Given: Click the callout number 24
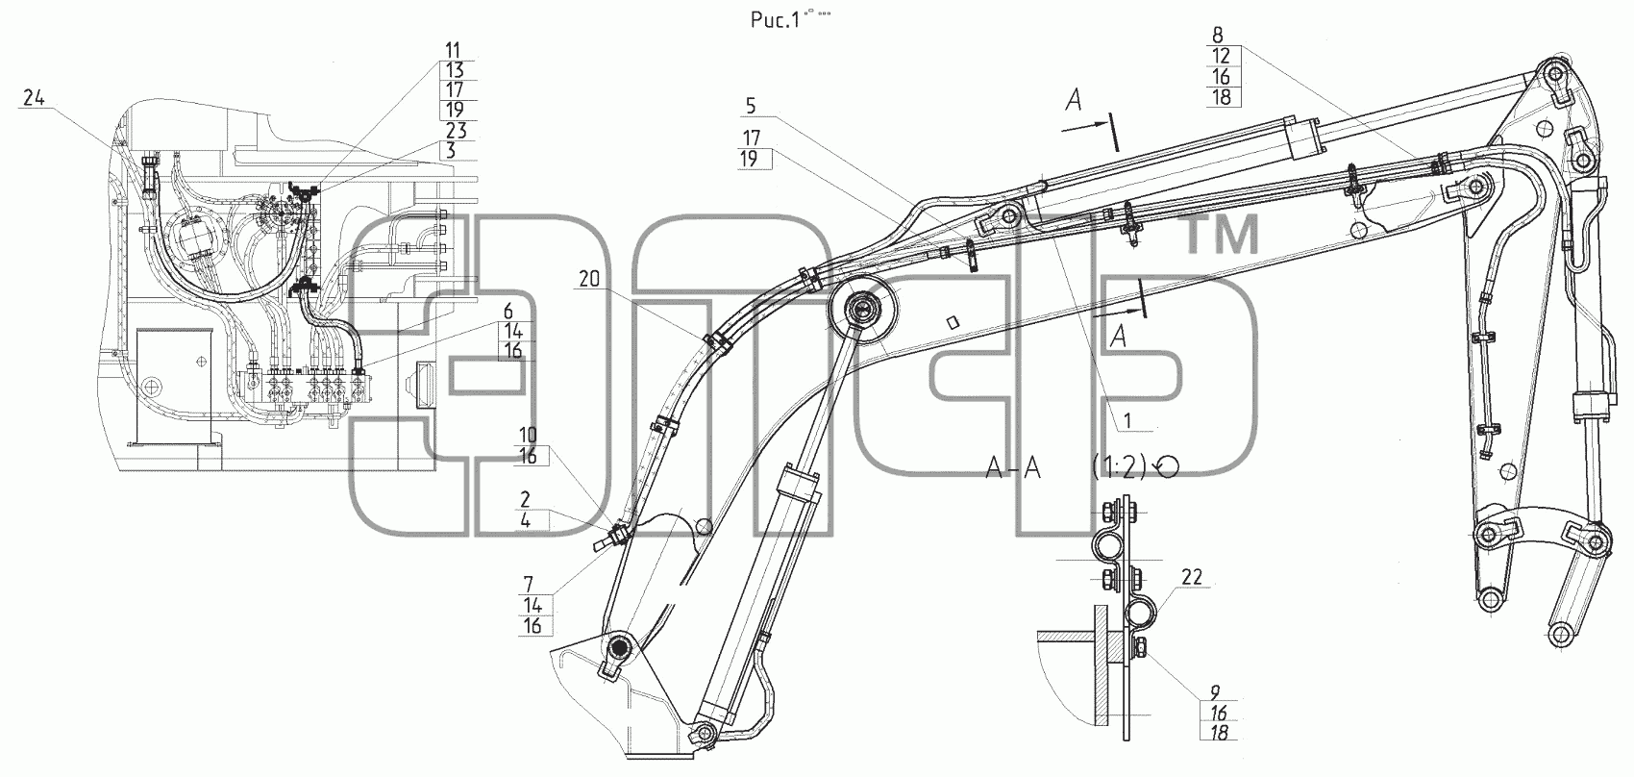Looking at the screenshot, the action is [35, 97].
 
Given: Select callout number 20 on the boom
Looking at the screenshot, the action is [590, 278].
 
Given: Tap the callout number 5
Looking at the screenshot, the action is [751, 107].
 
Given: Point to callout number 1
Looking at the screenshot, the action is [1127, 420].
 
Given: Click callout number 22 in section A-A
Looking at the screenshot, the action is [1191, 577].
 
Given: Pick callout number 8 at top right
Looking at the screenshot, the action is [1218, 35].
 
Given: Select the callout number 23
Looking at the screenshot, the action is [456, 131].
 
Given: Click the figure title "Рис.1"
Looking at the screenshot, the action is [771, 19].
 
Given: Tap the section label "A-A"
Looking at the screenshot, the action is [1012, 468].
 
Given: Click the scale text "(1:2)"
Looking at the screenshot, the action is [1121, 467].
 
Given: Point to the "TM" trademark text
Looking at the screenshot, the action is [1223, 235].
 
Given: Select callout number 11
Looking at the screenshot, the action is [453, 50].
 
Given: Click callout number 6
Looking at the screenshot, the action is [508, 310].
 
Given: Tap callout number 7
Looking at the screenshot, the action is [528, 585].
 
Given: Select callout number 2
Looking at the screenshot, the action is [525, 500].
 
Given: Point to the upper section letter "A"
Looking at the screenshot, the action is [1073, 100].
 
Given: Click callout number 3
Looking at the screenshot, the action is [452, 151].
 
